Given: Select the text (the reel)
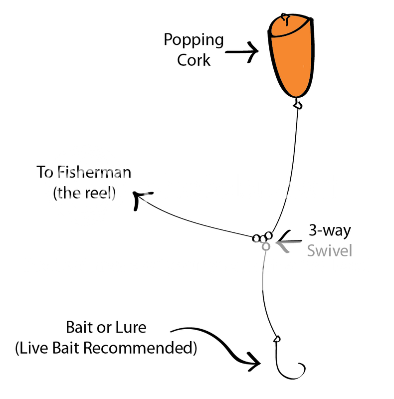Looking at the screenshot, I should click(x=83, y=193).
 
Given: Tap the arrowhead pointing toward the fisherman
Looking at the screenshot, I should click(x=139, y=198).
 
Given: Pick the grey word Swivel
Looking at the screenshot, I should click(x=330, y=250).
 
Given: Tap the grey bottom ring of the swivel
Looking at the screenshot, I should click(x=266, y=246).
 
